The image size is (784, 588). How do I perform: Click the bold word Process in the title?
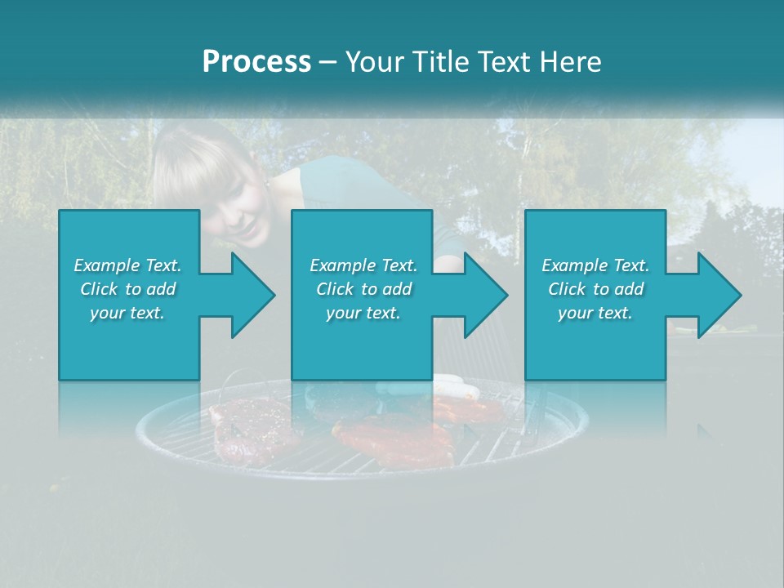256,62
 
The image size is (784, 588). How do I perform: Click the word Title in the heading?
442,62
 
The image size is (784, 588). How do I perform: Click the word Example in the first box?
106,265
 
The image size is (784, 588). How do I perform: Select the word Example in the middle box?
342,265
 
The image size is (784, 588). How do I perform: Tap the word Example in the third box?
574,265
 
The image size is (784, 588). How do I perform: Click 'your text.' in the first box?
127,313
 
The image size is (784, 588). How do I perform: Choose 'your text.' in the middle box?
363,313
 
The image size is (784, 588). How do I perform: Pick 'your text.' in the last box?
595,313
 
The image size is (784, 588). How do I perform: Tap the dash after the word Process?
327,62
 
